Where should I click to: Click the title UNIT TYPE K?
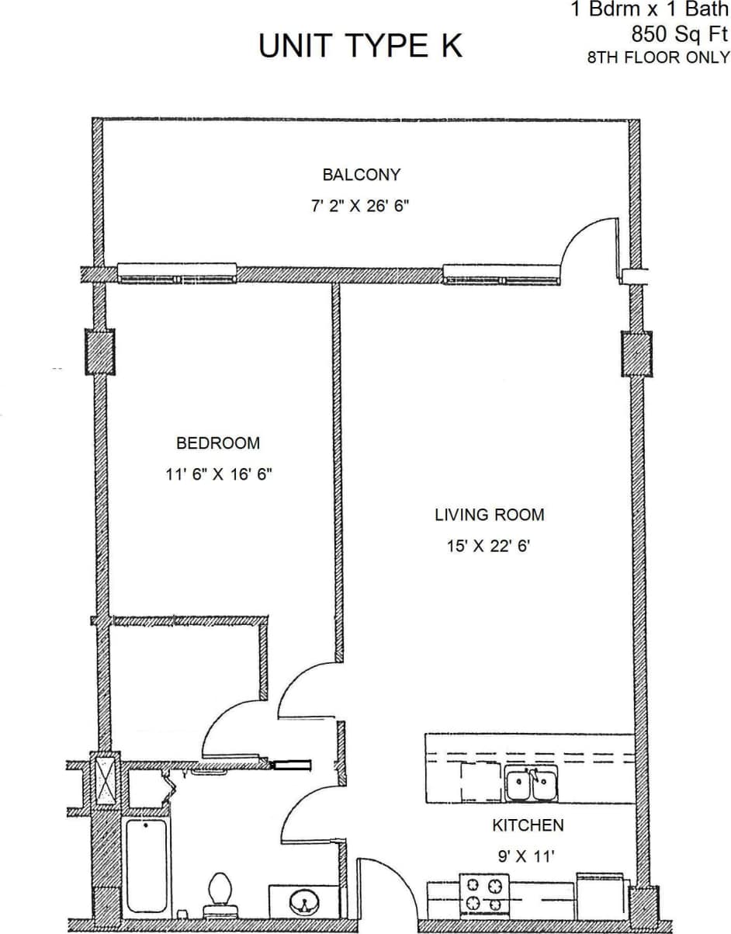tap(360, 47)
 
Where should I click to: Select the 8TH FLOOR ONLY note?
tap(658, 57)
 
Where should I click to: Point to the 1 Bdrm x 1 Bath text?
tap(650, 11)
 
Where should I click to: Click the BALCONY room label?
tap(362, 175)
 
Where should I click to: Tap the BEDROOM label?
tap(218, 443)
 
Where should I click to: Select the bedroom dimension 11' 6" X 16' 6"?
tap(218, 474)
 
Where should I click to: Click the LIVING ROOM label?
tap(489, 514)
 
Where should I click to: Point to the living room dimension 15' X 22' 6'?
tap(487, 546)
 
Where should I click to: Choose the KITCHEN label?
tap(528, 825)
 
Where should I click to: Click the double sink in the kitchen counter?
tap(532, 784)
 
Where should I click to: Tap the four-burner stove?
tap(484, 894)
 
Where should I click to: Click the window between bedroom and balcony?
tap(177, 273)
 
